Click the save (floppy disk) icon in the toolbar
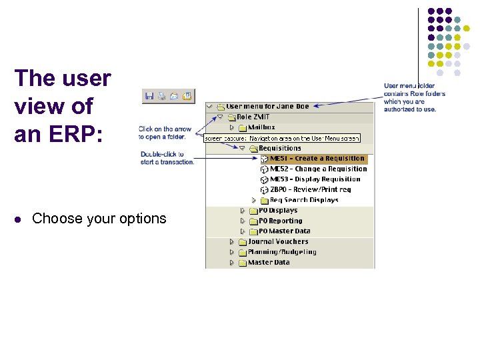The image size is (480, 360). tap(149, 96)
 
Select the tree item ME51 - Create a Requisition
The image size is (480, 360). tap(317, 159)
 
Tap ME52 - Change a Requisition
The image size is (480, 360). tap(318, 169)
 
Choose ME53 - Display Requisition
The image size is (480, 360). tap(315, 179)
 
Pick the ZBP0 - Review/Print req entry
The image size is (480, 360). tap(310, 189)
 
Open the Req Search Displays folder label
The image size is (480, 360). tap(304, 200)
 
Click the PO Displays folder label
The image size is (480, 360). tap(278, 211)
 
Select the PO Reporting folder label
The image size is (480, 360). tap(280, 221)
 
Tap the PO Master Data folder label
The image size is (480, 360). tap(284, 231)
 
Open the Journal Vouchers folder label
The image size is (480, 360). tap(278, 241)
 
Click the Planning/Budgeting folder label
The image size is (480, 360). tap(282, 252)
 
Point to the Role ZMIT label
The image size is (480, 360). tap(250, 117)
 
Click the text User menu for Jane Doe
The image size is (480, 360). tap(267, 106)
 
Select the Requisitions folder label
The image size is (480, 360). tap(280, 148)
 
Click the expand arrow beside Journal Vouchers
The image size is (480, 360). tap(232, 241)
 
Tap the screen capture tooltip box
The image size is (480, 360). tap(282, 138)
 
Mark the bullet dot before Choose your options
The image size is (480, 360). tap(19, 219)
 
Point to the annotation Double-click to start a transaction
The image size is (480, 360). tap(167, 158)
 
